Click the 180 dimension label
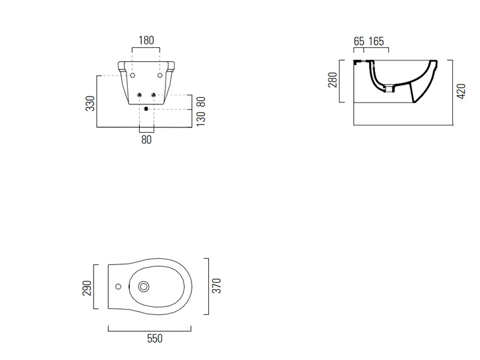click(x=146, y=40)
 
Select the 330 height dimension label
click(x=91, y=103)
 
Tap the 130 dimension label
click(x=201, y=119)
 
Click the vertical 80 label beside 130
click(x=201, y=102)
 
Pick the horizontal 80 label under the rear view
click(x=146, y=140)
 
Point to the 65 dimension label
click(x=359, y=41)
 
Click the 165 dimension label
click(x=376, y=41)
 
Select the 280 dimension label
click(x=332, y=80)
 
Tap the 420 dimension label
click(x=461, y=91)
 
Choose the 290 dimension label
click(x=87, y=288)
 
